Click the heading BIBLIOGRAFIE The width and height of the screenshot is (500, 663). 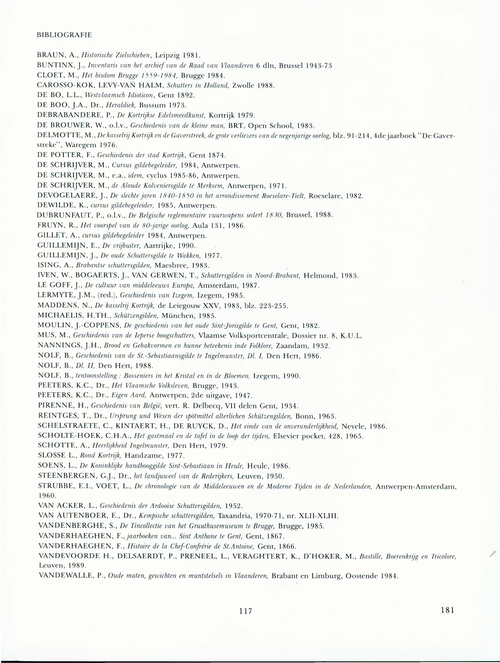[x=64, y=35]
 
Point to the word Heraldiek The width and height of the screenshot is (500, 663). [x=121, y=105]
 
